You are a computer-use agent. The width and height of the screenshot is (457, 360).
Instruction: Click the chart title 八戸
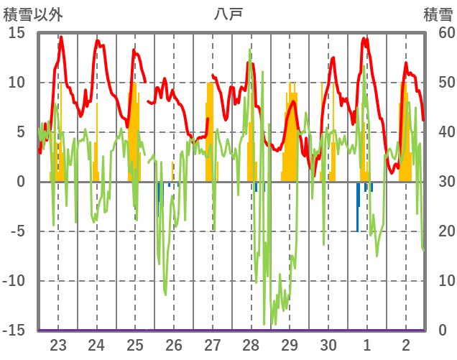point(228,13)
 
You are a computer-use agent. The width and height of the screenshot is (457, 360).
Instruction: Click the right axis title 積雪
point(438,13)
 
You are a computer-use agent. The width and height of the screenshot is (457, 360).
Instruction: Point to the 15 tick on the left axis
point(17,33)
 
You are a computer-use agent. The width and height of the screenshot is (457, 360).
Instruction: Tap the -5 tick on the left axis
point(17,231)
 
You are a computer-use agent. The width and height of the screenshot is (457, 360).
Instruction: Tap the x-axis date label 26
point(174,344)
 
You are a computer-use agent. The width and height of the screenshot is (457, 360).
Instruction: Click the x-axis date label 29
point(290,344)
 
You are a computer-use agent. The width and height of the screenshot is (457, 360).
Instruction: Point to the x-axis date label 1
point(367,344)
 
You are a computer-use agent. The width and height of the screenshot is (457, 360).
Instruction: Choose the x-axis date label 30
point(328,344)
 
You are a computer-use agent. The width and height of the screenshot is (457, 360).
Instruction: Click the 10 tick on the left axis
point(17,83)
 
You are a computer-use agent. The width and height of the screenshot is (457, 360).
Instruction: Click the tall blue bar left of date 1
point(357,206)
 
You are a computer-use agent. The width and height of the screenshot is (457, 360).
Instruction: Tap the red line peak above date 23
point(61,37)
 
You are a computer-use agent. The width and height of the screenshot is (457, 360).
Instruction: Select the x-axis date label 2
point(406,344)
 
